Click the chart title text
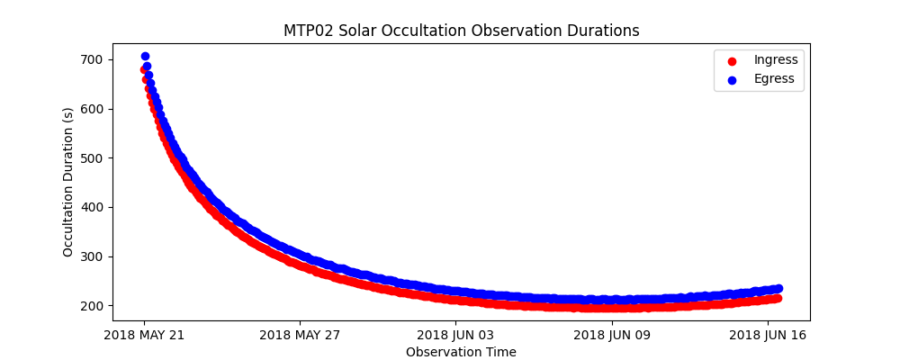[461, 31]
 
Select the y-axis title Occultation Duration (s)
[68, 182]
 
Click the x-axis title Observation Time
[461, 352]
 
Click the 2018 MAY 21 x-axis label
[144, 336]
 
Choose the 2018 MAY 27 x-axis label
[300, 336]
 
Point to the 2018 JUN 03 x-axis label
[455, 336]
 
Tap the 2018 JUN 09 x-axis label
[612, 336]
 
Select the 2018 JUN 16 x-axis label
[768, 336]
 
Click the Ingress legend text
[775, 60]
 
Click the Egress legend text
[774, 79]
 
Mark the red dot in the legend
[731, 60]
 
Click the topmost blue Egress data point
[145, 57]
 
